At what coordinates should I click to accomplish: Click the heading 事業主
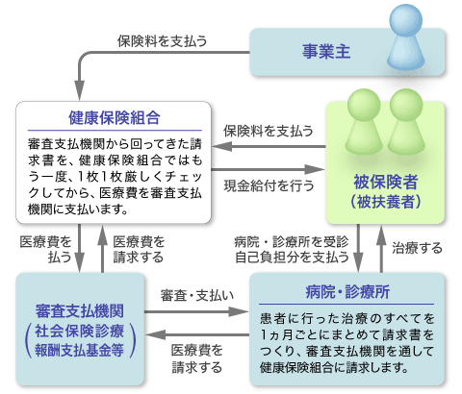tap(326, 52)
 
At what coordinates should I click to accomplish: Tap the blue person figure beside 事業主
tap(406, 37)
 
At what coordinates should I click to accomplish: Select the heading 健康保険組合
tap(115, 118)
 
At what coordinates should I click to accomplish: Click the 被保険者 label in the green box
tap(385, 182)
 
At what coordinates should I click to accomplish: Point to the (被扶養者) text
tap(385, 202)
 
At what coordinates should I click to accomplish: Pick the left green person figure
tap(364, 122)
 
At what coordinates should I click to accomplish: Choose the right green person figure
tap(406, 122)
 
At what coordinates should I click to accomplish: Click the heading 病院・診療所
tap(347, 292)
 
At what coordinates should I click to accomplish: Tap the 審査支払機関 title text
tap(80, 311)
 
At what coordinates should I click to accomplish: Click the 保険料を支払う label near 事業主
tap(162, 41)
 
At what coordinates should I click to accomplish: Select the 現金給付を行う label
tap(269, 185)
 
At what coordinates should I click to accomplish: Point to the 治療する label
tap(417, 248)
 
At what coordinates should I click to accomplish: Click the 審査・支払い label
tap(197, 295)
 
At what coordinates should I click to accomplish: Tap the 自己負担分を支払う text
tap(292, 258)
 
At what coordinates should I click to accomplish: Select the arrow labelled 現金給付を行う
tap(269, 169)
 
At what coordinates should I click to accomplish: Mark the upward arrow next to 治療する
tap(381, 249)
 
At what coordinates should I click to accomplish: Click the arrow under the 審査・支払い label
tap(196, 311)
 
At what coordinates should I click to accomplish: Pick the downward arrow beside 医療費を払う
tap(79, 248)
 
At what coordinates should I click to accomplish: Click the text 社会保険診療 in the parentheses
tap(80, 331)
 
